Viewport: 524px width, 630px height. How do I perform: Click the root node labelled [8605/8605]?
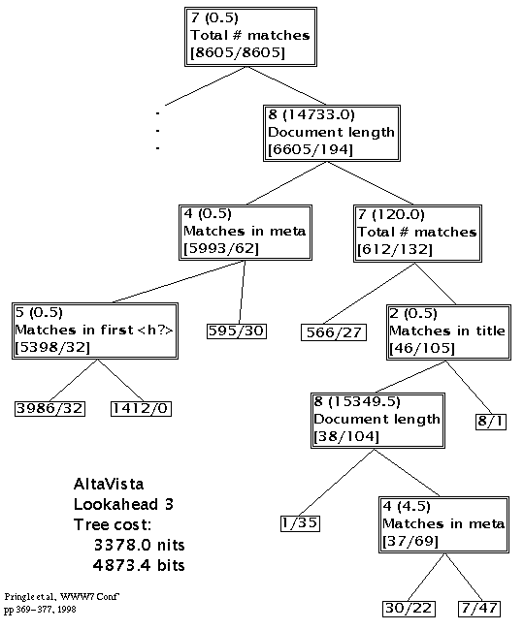250,37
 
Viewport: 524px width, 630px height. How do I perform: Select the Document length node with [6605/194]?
332,133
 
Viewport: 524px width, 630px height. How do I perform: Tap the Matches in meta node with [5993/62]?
246,233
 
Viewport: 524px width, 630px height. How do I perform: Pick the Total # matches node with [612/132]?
417,234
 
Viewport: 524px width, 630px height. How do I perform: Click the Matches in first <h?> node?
95,331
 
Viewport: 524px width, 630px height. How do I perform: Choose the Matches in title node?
448,332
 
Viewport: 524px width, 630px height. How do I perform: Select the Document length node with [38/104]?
377,421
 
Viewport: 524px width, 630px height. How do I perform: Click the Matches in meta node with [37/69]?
443,524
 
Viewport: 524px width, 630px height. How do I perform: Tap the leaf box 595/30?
237,331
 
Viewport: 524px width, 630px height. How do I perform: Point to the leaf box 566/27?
334,332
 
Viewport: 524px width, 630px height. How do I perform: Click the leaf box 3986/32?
49,409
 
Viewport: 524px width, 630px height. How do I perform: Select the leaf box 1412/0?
141,409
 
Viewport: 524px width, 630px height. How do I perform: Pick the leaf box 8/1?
491,422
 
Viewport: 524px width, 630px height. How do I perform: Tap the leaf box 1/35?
300,523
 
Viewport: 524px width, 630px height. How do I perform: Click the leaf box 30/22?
409,609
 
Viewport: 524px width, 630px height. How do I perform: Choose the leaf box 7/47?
479,609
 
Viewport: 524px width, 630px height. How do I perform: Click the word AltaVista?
109,484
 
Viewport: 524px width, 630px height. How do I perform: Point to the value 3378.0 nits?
139,546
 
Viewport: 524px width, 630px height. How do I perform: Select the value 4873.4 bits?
139,565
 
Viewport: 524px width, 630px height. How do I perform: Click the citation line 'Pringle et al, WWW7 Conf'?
62,597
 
